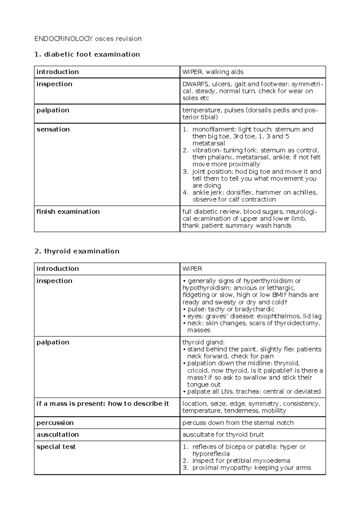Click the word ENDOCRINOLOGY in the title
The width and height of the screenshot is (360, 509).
(x=64, y=39)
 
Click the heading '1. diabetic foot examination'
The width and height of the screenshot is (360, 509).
(x=87, y=54)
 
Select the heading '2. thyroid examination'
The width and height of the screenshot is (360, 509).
(x=77, y=251)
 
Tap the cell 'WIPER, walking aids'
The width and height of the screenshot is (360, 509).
(x=213, y=72)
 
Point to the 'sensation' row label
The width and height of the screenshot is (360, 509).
(x=53, y=129)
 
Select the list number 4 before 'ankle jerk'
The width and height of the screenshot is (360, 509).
(x=185, y=193)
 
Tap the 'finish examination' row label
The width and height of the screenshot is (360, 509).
(x=68, y=212)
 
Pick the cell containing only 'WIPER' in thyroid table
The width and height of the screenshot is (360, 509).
(x=192, y=269)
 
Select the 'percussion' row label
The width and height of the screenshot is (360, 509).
(x=55, y=423)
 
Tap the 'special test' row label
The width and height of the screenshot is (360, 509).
(x=56, y=447)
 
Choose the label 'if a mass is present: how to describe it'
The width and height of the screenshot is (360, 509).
(x=103, y=404)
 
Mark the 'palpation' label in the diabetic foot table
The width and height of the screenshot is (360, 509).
(x=53, y=110)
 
